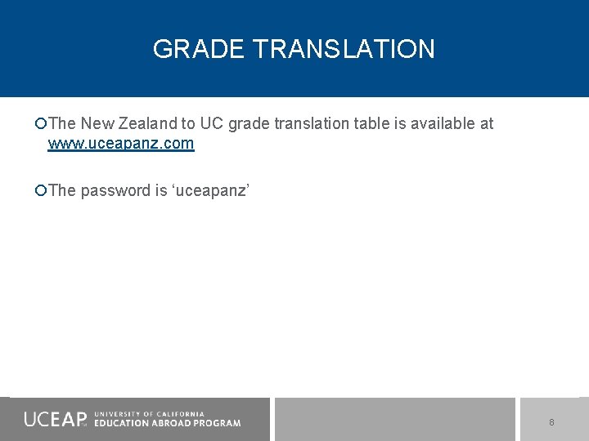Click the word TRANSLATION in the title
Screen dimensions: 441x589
coord(344,49)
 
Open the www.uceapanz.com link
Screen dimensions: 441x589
coord(121,144)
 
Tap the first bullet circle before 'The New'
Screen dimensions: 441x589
coord(41,124)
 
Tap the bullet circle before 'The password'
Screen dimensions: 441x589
coord(41,191)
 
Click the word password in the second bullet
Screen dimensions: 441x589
coord(115,191)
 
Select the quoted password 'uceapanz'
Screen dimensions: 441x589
coord(211,191)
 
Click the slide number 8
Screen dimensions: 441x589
coord(551,422)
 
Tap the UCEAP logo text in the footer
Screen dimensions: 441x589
coord(55,419)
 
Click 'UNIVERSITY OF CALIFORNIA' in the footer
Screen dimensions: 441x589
coord(150,414)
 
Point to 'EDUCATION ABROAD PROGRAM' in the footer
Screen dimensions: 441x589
coord(168,423)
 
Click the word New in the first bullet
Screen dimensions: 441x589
coord(97,124)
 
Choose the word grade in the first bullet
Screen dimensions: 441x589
coord(247,124)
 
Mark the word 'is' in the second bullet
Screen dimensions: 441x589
coord(160,191)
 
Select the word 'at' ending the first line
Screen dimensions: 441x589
coord(487,124)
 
